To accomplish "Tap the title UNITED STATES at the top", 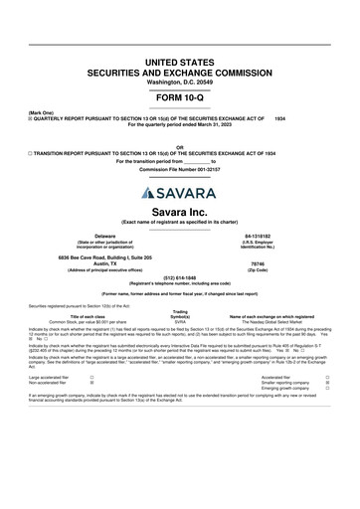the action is pyautogui.click(x=179, y=63).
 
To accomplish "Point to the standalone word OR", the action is pyautogui.click(x=179, y=147).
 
